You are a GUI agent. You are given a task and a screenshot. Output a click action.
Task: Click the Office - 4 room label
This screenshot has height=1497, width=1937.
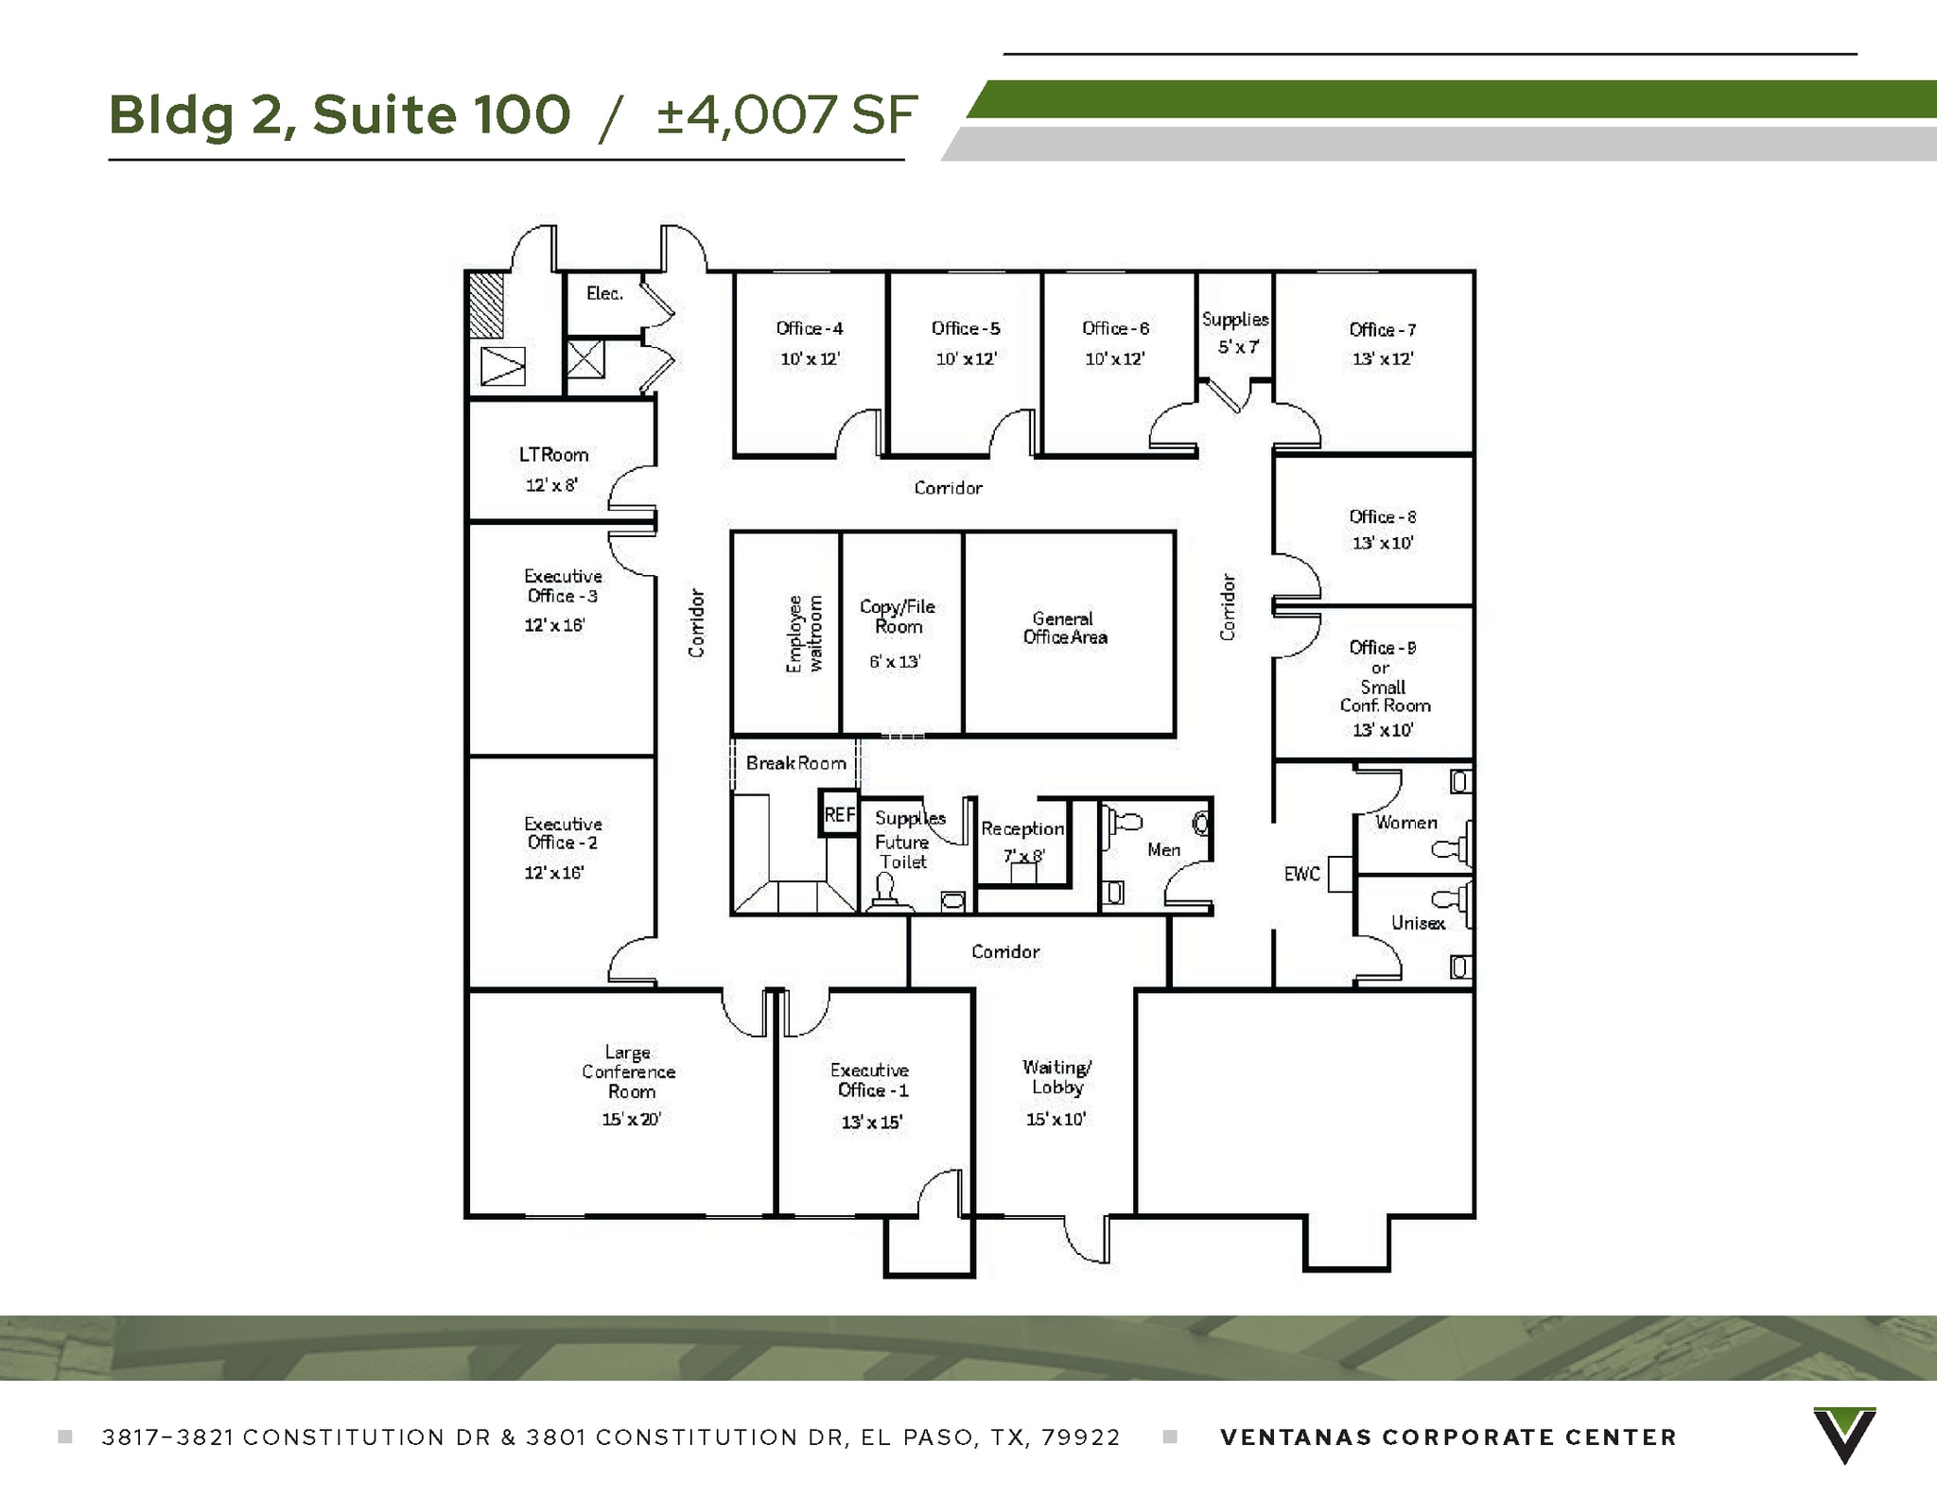(x=809, y=328)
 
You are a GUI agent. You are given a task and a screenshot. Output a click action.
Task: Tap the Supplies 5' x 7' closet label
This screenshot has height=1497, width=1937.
(x=1235, y=332)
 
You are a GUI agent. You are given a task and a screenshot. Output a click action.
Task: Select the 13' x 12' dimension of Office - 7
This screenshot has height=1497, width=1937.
(x=1382, y=359)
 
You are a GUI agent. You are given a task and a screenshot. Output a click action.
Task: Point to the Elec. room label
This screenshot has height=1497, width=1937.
(x=604, y=293)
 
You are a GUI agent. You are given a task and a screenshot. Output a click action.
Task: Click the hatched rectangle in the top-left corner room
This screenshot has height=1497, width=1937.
(x=486, y=305)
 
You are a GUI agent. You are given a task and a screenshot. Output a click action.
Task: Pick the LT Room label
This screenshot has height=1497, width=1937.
(x=553, y=455)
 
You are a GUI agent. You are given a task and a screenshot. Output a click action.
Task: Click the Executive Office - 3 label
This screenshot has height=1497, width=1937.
(x=563, y=585)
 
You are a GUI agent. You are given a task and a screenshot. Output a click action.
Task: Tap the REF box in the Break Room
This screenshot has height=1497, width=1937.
(x=840, y=814)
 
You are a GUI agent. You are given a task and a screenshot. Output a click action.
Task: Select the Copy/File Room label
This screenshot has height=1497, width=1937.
(x=898, y=617)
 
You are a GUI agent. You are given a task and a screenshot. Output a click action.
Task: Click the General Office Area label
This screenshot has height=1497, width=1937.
(x=1064, y=628)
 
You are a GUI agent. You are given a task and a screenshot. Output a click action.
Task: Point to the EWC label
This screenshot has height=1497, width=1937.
(x=1301, y=874)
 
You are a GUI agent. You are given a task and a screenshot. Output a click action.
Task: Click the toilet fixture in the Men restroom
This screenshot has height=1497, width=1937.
(x=1122, y=821)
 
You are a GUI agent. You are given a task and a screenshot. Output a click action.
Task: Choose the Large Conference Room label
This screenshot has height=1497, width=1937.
(x=629, y=1071)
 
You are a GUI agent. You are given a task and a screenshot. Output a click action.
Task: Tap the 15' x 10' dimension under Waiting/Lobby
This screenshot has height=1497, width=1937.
(x=1056, y=1120)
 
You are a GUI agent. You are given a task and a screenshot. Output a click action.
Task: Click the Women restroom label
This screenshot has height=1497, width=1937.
(x=1405, y=823)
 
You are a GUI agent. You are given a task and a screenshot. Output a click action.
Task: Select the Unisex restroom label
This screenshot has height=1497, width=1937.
(x=1418, y=923)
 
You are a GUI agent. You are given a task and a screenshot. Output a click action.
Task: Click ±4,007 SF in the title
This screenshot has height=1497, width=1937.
(x=787, y=115)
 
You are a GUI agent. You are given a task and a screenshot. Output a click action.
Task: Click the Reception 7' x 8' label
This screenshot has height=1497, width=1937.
(x=1022, y=840)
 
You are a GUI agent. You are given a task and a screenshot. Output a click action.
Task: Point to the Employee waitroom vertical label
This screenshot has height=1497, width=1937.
(x=805, y=634)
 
